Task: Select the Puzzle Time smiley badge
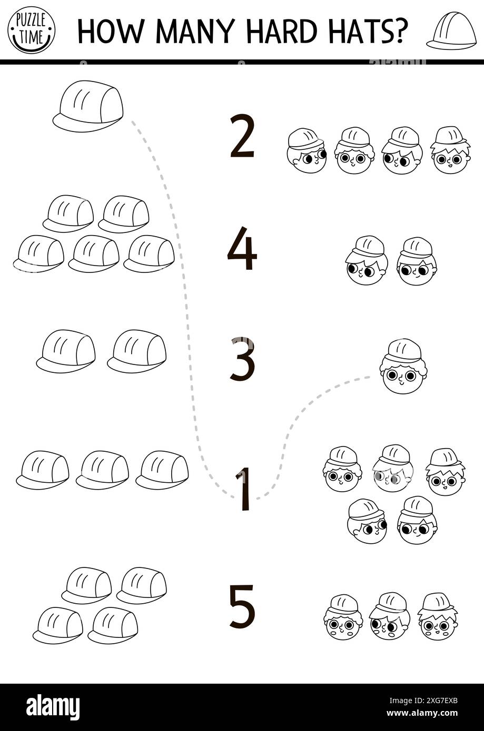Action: coord(31,30)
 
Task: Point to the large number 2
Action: coord(242,137)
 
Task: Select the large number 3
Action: coord(243,359)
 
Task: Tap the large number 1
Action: coord(243,489)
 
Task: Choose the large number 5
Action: coord(243,606)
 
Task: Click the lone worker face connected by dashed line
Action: coord(403,367)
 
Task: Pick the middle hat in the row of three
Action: coord(103,470)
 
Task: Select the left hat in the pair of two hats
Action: coord(66,351)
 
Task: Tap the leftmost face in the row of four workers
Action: coord(307,151)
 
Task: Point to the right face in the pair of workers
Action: coord(417,262)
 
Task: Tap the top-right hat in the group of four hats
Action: coord(142,585)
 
